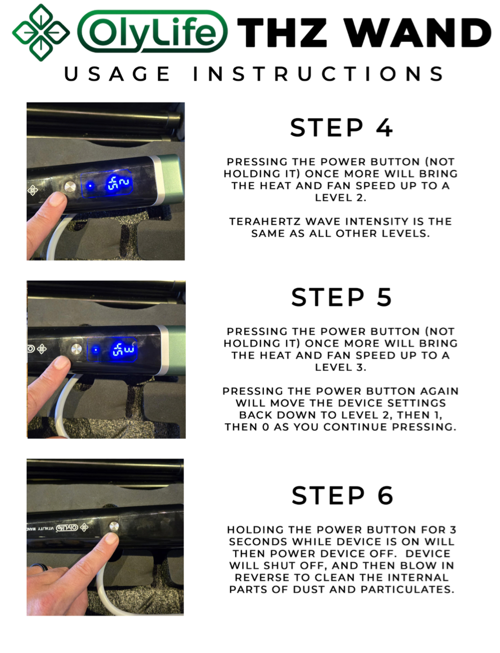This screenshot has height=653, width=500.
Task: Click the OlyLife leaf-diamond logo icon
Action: (x=41, y=33)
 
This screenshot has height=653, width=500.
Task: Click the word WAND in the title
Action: (x=417, y=33)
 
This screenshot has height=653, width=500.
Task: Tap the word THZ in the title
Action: (x=282, y=33)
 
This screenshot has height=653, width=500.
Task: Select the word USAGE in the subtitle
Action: (x=117, y=74)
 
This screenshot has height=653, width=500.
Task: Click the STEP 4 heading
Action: (x=341, y=128)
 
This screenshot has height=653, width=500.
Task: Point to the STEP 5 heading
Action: (x=341, y=297)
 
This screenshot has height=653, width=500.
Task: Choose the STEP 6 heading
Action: (x=342, y=495)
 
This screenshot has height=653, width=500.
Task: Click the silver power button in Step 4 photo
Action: (x=70, y=187)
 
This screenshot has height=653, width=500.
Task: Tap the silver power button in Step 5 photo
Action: (x=77, y=349)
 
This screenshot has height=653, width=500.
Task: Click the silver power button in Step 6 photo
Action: (x=114, y=526)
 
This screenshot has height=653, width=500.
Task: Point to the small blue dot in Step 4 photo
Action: (x=90, y=186)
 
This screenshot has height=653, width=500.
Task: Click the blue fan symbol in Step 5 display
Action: (x=118, y=350)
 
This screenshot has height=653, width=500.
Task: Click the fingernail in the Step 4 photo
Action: (x=58, y=199)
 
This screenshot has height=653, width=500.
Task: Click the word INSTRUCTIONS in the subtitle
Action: (x=318, y=74)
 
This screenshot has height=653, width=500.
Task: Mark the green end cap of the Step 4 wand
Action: (x=172, y=178)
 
